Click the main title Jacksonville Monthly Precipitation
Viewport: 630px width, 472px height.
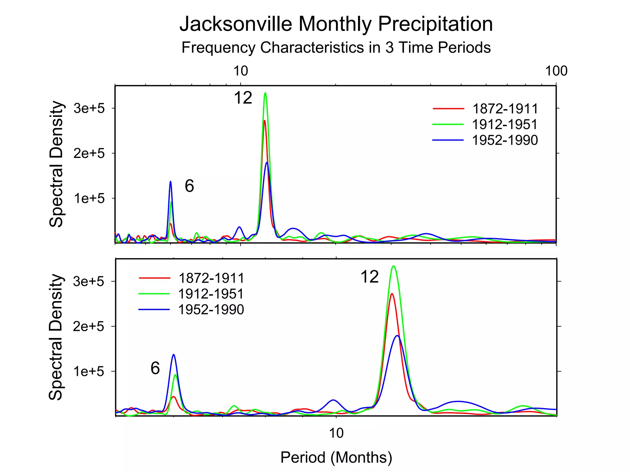(x=336, y=24)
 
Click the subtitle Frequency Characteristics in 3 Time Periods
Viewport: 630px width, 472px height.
(x=336, y=48)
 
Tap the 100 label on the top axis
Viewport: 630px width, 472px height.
(x=556, y=71)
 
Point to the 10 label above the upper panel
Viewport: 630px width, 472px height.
(x=241, y=71)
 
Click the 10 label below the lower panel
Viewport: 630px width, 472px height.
(x=336, y=433)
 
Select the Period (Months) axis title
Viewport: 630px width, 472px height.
(x=336, y=458)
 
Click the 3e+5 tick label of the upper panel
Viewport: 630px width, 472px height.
(x=89, y=108)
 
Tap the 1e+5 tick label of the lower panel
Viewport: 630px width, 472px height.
(x=89, y=372)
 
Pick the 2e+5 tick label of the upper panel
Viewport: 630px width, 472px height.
(x=89, y=153)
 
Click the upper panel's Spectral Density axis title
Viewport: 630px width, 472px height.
(x=56, y=164)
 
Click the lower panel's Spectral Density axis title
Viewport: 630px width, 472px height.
(x=56, y=337)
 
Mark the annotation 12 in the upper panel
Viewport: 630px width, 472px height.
(x=243, y=98)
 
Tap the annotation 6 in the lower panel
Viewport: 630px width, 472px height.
(x=155, y=368)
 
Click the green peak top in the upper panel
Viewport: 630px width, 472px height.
(x=265, y=93)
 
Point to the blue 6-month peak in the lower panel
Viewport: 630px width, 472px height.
(x=174, y=355)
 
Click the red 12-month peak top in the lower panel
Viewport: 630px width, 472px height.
(x=392, y=294)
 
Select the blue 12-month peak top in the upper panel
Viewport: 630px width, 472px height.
(x=267, y=163)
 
